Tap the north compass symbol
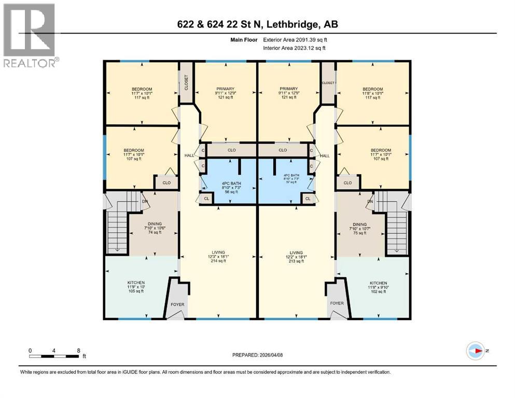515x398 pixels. [476, 351]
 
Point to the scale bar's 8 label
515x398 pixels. [78, 350]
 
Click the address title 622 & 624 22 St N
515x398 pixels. [257, 24]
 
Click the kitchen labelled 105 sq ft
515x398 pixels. [136, 287]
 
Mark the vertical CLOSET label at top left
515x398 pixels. [186, 82]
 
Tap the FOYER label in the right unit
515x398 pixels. [337, 303]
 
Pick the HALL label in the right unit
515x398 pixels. [325, 156]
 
